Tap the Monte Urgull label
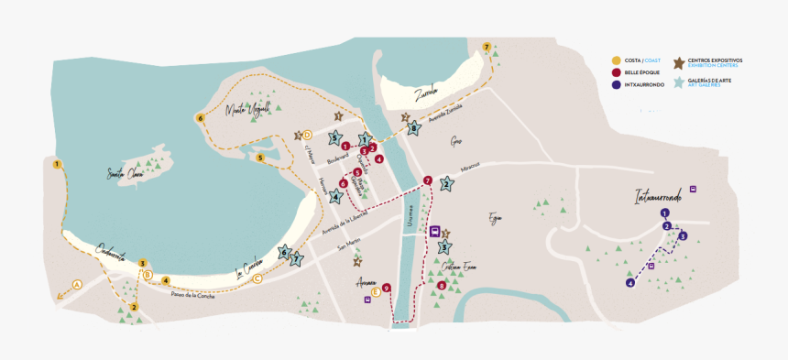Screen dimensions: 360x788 (247, 110)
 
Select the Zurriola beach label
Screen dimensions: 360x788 (426, 92)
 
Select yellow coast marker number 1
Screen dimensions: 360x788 (57, 165)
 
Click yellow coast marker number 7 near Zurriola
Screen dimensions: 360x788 (487, 46)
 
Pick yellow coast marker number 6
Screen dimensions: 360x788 (200, 117)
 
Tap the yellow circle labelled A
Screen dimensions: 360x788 (77, 284)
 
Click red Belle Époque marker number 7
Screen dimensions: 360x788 (428, 180)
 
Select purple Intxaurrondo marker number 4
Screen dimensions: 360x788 (630, 283)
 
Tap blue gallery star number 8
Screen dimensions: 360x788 (414, 129)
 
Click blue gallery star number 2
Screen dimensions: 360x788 (446, 183)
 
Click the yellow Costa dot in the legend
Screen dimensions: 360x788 (616, 60)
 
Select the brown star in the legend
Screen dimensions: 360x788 (679, 63)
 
